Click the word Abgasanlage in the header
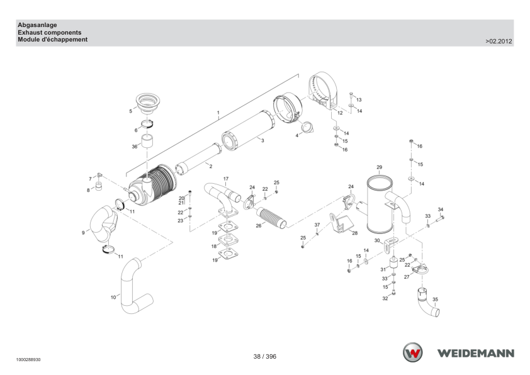[37, 25]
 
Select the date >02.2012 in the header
[499, 42]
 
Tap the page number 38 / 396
[264, 356]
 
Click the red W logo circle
[412, 353]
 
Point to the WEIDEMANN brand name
[476, 354]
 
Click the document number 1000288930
[28, 360]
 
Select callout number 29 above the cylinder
[380, 167]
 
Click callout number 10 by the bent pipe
[113, 298]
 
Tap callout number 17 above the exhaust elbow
[226, 179]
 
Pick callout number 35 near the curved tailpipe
[435, 299]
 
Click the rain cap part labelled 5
[148, 103]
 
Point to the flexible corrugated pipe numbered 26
[271, 218]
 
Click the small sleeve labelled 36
[147, 141]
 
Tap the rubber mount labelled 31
[393, 264]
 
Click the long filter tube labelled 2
[198, 159]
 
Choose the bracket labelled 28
[341, 223]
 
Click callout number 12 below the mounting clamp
[340, 113]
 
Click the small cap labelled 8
[99, 186]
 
